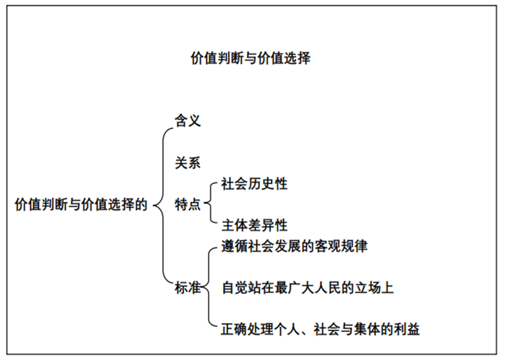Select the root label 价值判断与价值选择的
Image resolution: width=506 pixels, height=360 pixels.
81,204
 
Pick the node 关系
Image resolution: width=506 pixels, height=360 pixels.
187,162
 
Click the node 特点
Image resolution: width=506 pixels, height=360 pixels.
188,204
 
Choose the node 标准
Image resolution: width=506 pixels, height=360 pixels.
188,289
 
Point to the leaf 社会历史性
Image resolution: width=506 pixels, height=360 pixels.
254,184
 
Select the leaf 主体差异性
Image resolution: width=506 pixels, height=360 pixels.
254,225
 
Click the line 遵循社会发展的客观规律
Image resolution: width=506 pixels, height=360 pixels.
295,247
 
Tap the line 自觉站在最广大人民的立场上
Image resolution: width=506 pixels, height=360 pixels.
307,289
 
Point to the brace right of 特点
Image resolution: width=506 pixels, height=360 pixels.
209,204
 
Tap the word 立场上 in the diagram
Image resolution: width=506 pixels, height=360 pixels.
375,289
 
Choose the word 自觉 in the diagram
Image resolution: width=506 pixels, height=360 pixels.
234,289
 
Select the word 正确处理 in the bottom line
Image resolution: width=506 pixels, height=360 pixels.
246,330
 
